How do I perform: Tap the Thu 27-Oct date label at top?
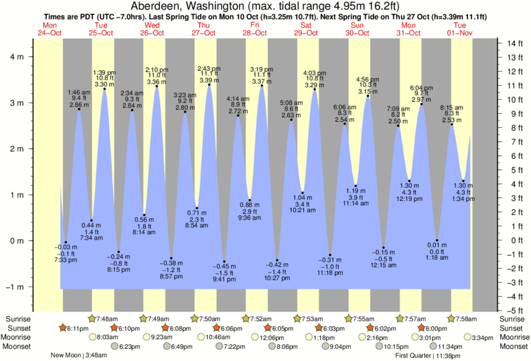coord(204,29)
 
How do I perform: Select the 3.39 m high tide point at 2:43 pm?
coord(210,85)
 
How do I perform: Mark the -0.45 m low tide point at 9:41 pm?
coord(224,261)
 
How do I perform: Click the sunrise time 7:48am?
coord(107,319)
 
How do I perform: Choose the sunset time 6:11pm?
coord(79,328)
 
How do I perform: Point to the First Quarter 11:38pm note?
coord(426,356)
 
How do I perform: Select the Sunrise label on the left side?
coord(15,319)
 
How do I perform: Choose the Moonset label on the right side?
coord(513,347)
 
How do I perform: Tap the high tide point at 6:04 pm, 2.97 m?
coord(421,104)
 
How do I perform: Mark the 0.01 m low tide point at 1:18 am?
coord(437,240)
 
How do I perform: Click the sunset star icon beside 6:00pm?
coord(421,328)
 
